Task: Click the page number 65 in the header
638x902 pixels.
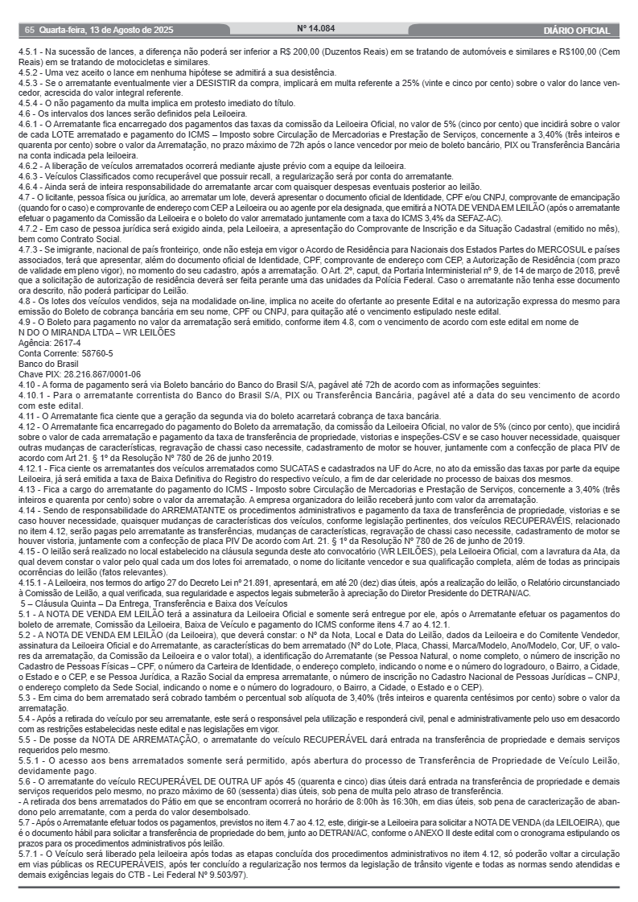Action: pos(30,31)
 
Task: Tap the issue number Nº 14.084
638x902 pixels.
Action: pos(315,28)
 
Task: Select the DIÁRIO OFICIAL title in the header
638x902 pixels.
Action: pos(577,31)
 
